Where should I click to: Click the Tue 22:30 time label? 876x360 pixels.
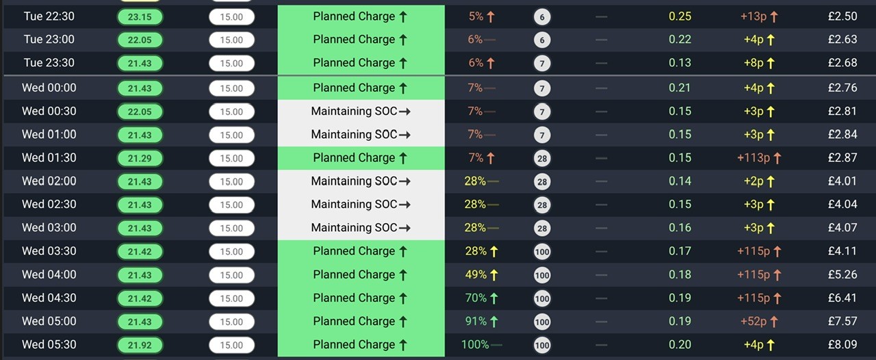(x=49, y=16)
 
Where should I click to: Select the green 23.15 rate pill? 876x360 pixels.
(x=140, y=17)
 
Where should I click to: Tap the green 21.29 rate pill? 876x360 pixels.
(x=140, y=158)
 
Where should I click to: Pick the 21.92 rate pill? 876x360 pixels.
(x=140, y=345)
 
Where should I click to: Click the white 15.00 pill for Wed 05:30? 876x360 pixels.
(x=231, y=345)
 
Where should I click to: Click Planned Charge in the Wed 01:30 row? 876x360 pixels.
(x=354, y=157)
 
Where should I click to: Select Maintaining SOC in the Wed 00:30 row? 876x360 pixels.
(x=354, y=111)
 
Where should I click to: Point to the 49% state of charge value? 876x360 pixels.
(x=476, y=274)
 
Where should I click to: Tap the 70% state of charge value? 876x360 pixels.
(x=476, y=298)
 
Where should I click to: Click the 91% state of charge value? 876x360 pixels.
(x=476, y=321)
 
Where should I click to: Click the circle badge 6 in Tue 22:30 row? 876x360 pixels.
(x=542, y=17)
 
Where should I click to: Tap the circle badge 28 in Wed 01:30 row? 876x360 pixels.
(x=542, y=158)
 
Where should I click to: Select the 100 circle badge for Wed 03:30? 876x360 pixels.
(x=542, y=252)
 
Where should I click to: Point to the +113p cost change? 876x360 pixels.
(x=753, y=157)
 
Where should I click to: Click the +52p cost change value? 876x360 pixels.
(x=753, y=321)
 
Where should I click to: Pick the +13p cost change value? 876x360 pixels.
(x=753, y=16)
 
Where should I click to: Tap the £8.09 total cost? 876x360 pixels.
(x=842, y=344)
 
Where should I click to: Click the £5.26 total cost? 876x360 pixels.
(x=842, y=274)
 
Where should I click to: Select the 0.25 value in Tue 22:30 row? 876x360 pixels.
(x=680, y=16)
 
